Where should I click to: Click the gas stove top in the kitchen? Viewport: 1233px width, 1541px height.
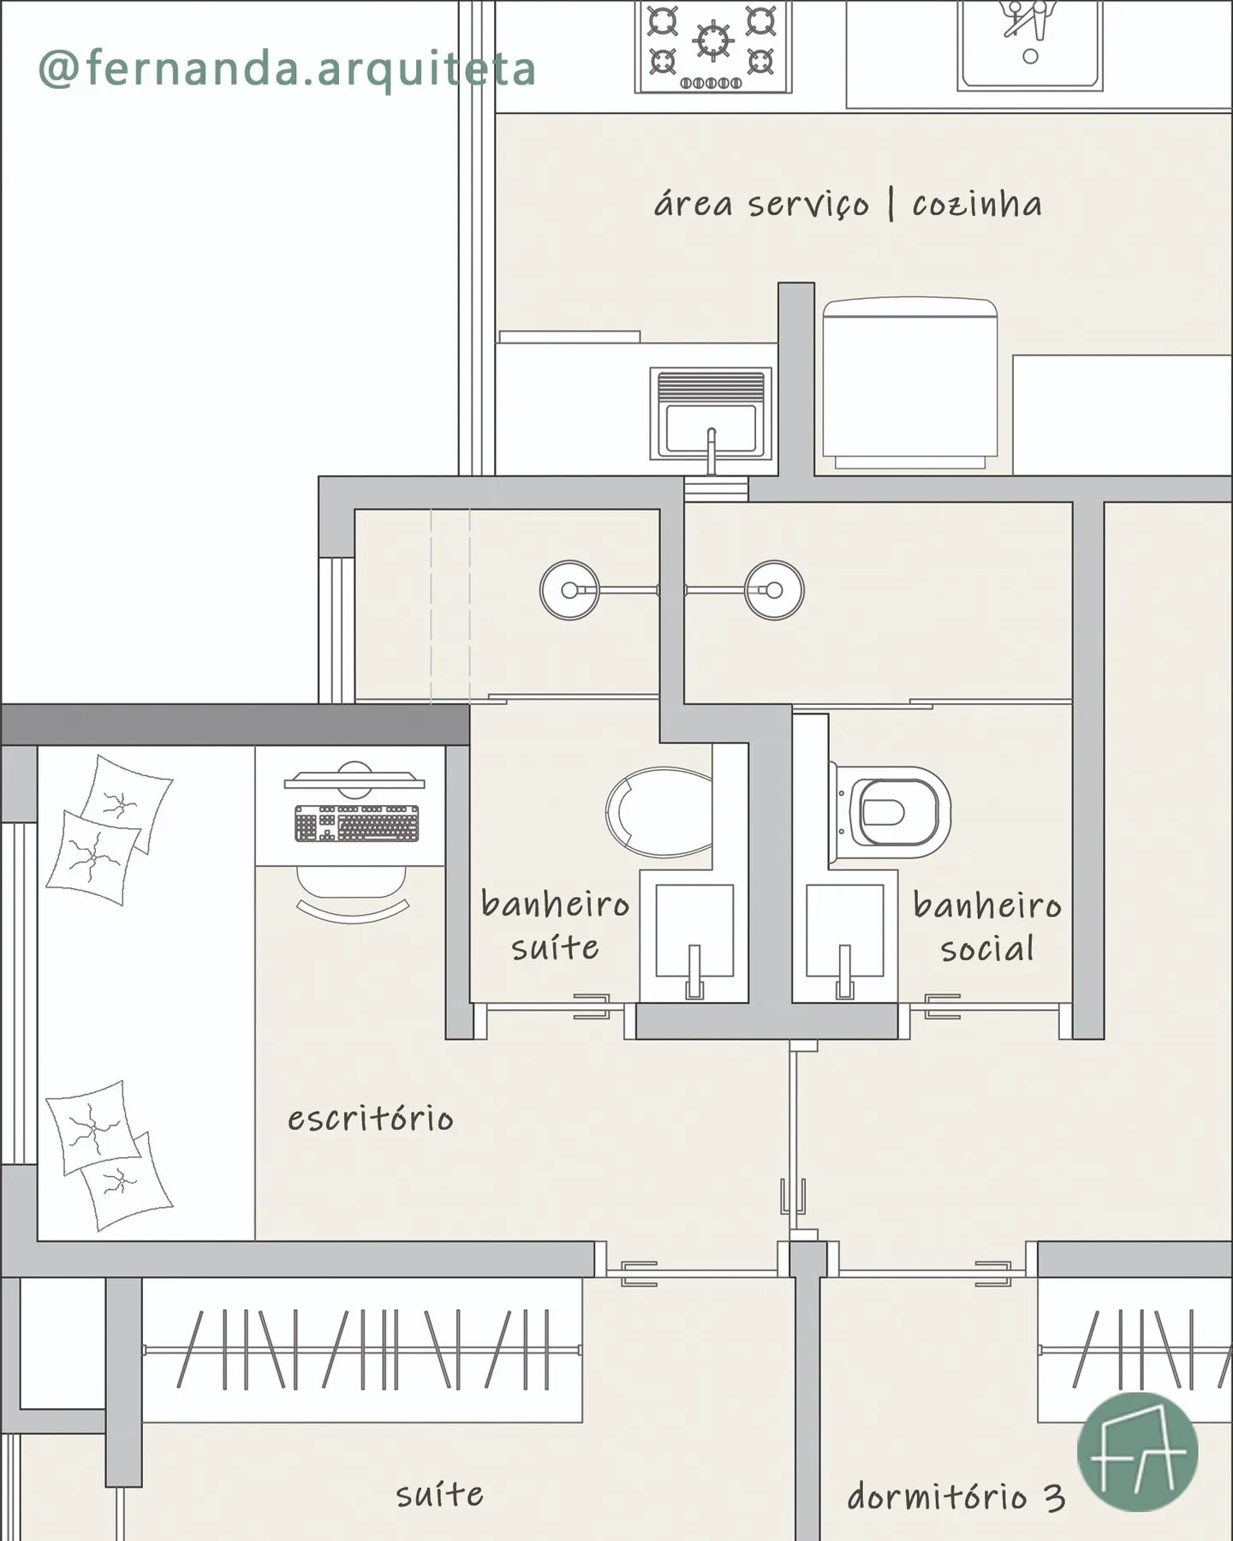pos(713,46)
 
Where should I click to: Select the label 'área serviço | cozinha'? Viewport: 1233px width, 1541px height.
pos(848,204)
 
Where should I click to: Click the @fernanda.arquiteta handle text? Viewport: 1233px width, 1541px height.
pos(288,69)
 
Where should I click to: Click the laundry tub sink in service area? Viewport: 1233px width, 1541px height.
pos(711,415)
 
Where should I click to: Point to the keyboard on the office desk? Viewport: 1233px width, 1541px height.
pos(357,823)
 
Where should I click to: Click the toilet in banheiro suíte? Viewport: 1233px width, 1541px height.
pos(659,812)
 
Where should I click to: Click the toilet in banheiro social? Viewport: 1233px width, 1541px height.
pos(890,811)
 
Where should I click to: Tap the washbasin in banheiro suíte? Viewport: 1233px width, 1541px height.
pos(694,937)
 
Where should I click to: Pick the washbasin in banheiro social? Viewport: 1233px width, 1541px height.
pos(845,937)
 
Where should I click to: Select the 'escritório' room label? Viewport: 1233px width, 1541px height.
pos(370,1119)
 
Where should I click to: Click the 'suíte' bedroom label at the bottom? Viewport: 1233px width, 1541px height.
pos(439,1495)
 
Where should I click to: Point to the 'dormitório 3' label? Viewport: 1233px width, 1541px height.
pos(956,1496)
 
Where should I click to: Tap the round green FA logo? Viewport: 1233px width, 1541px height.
pos(1137,1452)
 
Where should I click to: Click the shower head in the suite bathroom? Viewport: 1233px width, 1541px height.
pos(569,590)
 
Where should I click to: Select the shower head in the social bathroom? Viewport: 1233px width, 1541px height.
pos(774,590)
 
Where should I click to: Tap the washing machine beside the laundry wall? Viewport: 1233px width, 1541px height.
pos(910,384)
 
